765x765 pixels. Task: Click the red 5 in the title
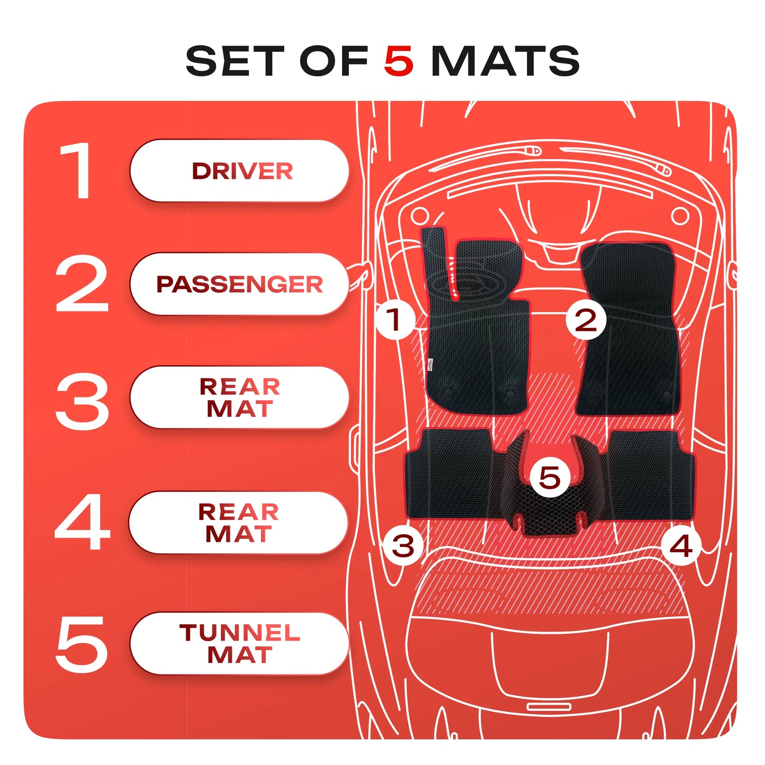pos(399,60)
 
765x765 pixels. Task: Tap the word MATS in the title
pos(505,60)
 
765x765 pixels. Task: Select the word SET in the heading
pos(235,60)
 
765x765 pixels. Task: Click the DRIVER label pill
pos(239,170)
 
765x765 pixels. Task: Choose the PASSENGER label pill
pos(239,284)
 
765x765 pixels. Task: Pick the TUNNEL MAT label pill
pos(239,643)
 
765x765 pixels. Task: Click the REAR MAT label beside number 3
pos(239,398)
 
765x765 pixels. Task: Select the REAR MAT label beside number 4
pos(239,523)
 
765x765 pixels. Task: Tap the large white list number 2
pos(82,283)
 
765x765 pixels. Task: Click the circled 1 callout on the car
pos(394,320)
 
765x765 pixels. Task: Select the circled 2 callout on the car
pos(586,320)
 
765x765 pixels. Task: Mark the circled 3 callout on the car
pos(402,545)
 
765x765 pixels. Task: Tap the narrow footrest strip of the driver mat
pos(439,262)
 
